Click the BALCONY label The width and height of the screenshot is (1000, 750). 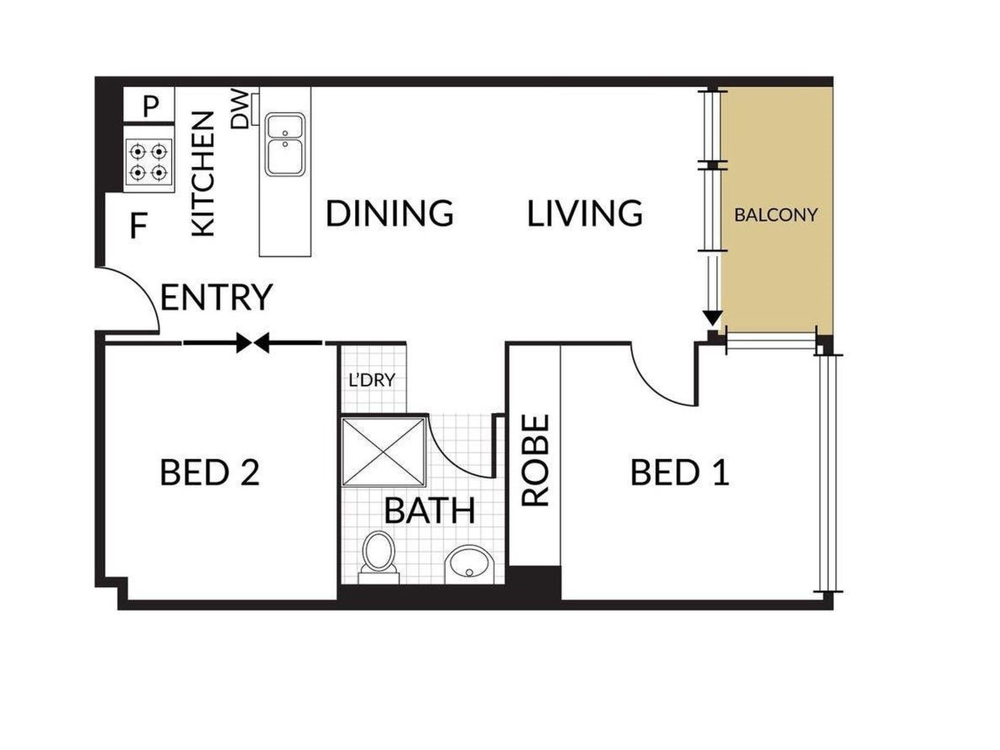pos(776,215)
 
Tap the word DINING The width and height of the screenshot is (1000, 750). pos(389,213)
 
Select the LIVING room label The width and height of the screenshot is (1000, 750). pos(585,213)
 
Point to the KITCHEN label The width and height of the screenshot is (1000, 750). pos(203,174)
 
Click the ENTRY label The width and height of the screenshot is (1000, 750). pos(216,297)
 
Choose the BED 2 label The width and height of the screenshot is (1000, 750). pos(209,472)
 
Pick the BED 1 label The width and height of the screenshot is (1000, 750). pos(679,472)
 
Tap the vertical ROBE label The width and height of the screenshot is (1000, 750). pos(536,461)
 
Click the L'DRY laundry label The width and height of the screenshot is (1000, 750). pos(372,380)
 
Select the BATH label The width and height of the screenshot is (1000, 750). pos(429,510)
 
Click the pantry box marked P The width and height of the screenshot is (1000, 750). pos(149,105)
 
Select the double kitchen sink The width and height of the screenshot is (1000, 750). pos(285,144)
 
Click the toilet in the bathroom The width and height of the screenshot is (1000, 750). pos(378,557)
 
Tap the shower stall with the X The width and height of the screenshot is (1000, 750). pos(384,451)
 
